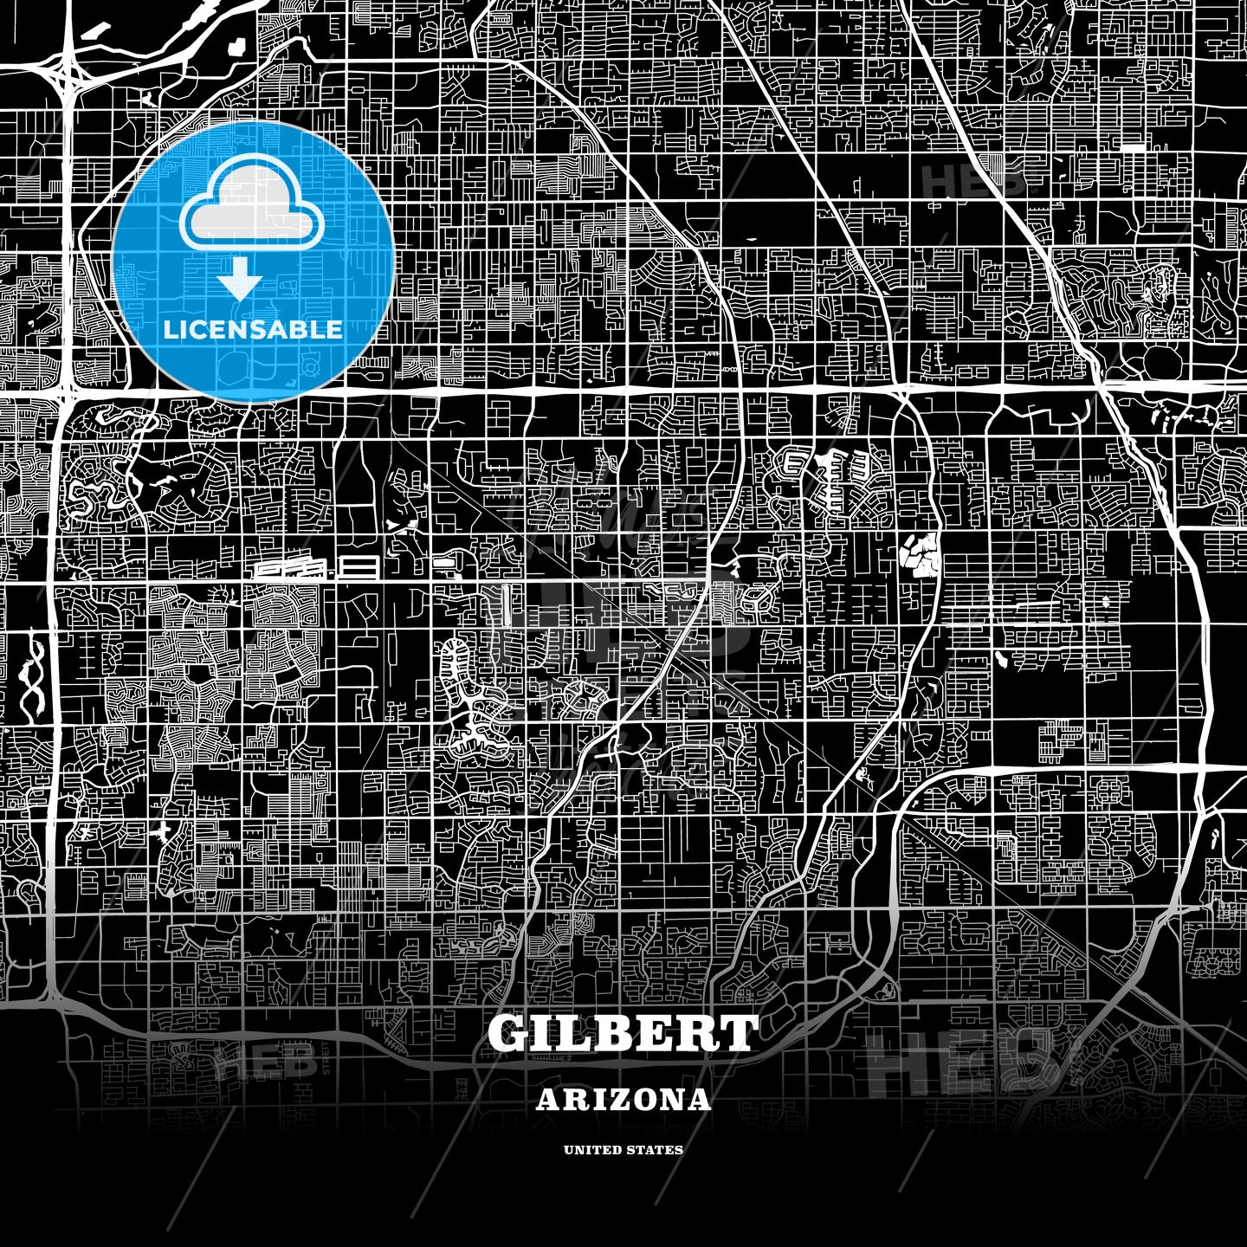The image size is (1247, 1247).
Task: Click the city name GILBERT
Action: click(623, 1033)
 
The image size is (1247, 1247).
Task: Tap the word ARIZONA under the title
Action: click(623, 1100)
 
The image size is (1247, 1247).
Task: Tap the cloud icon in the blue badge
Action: click(252, 205)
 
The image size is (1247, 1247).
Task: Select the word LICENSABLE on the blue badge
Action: click(253, 329)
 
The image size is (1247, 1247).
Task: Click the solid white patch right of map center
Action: click(921, 554)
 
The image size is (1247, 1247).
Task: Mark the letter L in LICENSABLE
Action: click(172, 329)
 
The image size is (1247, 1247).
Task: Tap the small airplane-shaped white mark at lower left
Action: click(164, 833)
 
